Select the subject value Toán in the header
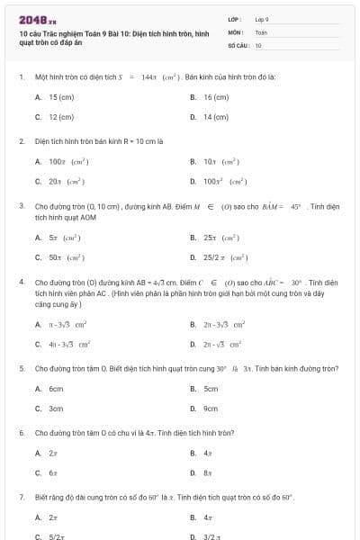pos(262,31)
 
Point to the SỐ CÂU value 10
pos(258,44)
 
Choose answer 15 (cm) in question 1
pos(61,96)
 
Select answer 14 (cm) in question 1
pos(216,117)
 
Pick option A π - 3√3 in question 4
pos(67,323)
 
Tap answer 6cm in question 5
pos(56,389)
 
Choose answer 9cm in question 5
pos(211,409)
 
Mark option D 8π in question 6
pos(207,472)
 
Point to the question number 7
pos(21,497)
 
